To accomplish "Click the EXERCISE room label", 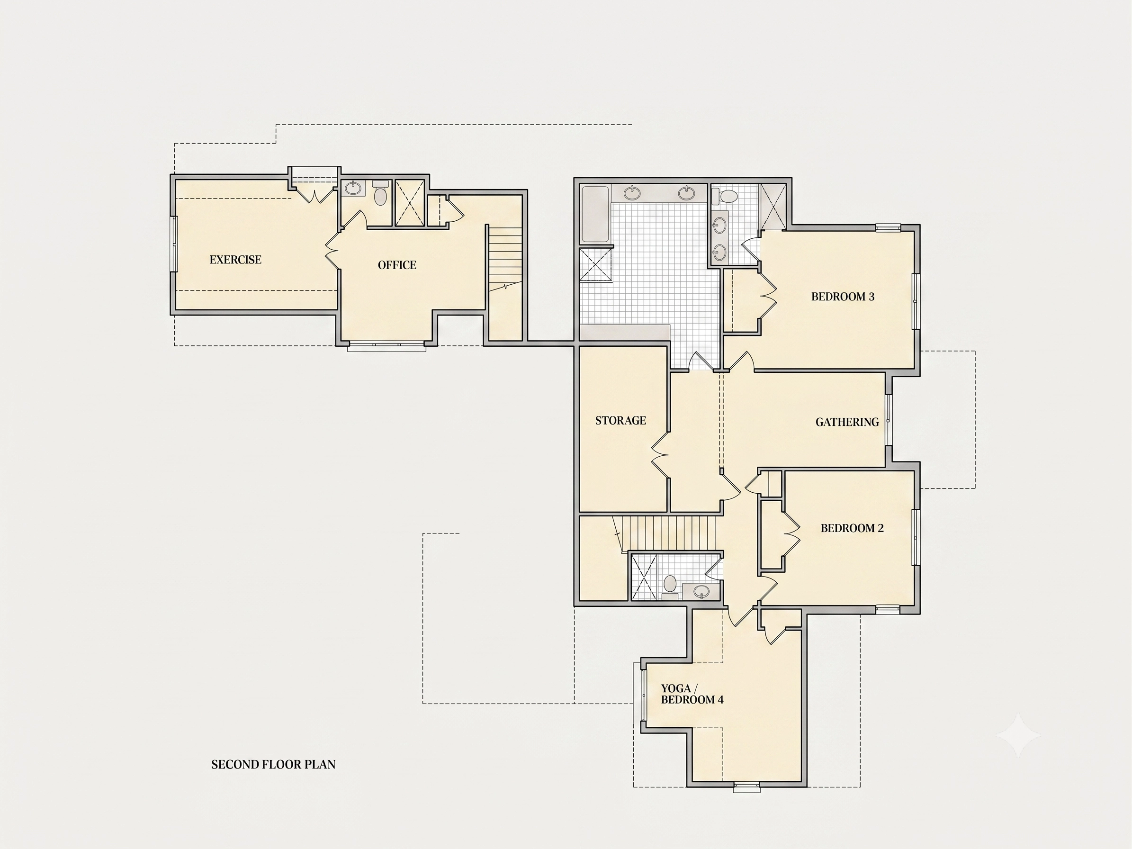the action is [235, 260].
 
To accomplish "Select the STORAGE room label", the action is [621, 421].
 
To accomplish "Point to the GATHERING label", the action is [847, 422].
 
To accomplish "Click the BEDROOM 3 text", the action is [843, 297].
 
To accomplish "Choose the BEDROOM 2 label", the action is [852, 528].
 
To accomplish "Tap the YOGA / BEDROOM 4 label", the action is [692, 694].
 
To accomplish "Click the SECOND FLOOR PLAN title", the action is [273, 765].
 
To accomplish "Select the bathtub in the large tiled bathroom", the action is [595, 215].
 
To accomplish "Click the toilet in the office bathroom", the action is [380, 193].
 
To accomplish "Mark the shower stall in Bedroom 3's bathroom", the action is [773, 207].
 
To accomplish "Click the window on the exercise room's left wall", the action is [174, 244].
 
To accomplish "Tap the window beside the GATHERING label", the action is [889, 420].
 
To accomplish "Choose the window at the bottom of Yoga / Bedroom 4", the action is [746, 787].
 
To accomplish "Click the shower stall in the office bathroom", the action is [410, 203].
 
